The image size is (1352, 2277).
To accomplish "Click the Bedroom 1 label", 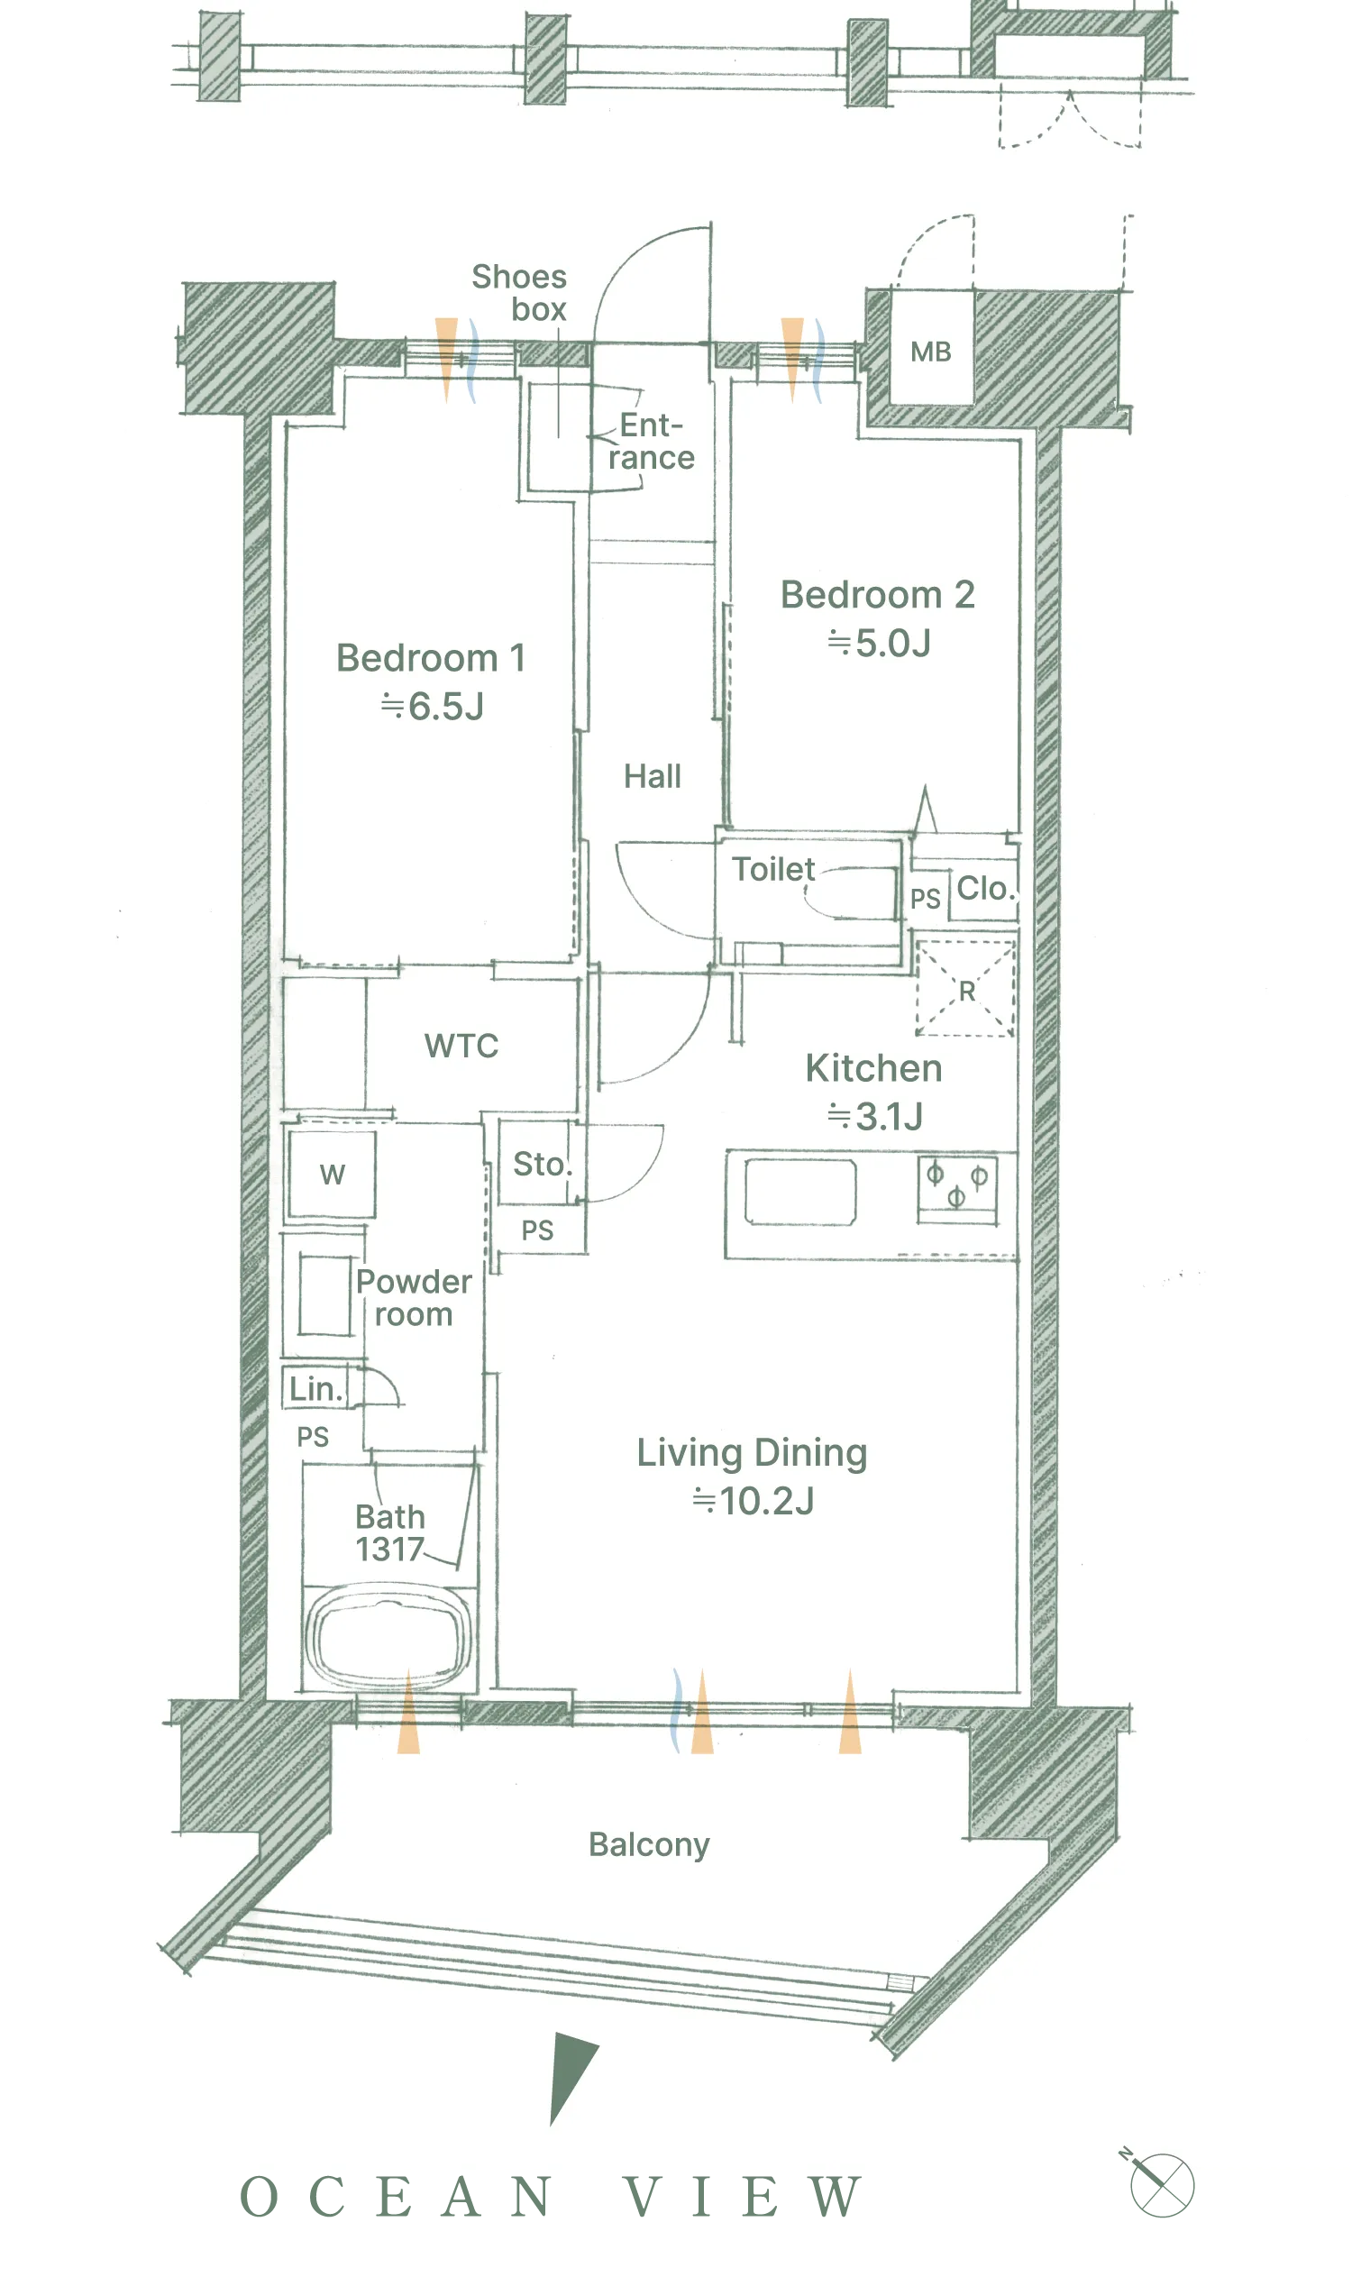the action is point(431,658).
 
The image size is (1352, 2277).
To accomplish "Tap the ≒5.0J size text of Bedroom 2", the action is point(879,644).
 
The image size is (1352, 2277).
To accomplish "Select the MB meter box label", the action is point(930,352).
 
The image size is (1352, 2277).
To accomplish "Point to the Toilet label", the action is point(772,869).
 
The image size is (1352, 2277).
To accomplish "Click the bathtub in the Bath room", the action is point(389,1638).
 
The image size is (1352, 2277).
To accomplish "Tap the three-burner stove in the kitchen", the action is point(956,1189).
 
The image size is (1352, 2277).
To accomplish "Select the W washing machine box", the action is point(332,1174).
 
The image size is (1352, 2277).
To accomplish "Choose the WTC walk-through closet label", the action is point(461,1046).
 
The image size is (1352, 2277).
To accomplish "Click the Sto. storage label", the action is point(542,1164).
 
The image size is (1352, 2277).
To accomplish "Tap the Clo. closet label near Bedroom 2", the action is point(985,889).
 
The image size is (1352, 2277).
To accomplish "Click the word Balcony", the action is point(649,1845).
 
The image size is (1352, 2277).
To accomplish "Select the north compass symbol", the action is point(1159,2182).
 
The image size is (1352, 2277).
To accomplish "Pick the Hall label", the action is point(653,776).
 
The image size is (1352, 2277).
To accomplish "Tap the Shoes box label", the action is point(519,292).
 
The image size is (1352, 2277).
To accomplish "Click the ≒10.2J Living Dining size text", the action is point(753,1502).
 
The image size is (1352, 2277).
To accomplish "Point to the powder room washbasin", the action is point(324,1294).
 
